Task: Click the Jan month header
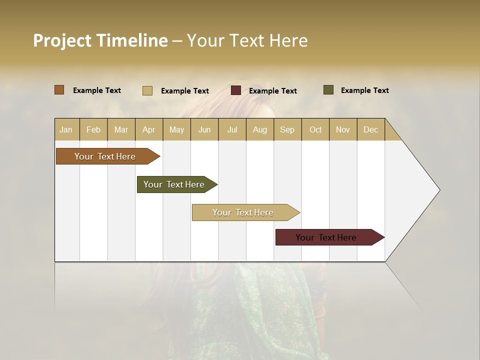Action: [66, 129]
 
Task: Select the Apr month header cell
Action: [148, 129]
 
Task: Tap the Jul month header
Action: [232, 129]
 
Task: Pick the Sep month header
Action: [287, 129]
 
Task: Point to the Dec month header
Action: [370, 129]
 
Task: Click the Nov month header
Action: [342, 129]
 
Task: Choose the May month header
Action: [176, 129]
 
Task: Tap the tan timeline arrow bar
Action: [243, 212]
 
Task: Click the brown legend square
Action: [59, 90]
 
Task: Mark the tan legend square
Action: [147, 90]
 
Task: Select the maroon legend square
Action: [236, 90]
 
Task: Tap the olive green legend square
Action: [328, 90]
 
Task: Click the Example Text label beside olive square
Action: [364, 90]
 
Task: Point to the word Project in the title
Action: [62, 40]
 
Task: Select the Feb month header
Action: [93, 129]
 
